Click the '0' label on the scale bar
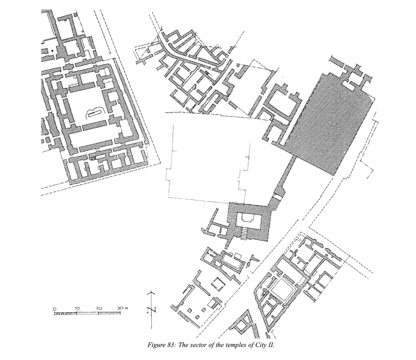coord(55,309)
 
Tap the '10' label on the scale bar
coord(77,308)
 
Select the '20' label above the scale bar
coord(99,308)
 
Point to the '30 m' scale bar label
coord(123,308)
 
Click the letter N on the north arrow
coord(151,310)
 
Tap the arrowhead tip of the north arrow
coord(151,291)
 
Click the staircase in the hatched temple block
coord(244,233)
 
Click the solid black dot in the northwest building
coord(52,50)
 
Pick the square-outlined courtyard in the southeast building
coord(282,290)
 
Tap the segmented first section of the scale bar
coord(66,314)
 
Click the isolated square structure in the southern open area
coord(217,284)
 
